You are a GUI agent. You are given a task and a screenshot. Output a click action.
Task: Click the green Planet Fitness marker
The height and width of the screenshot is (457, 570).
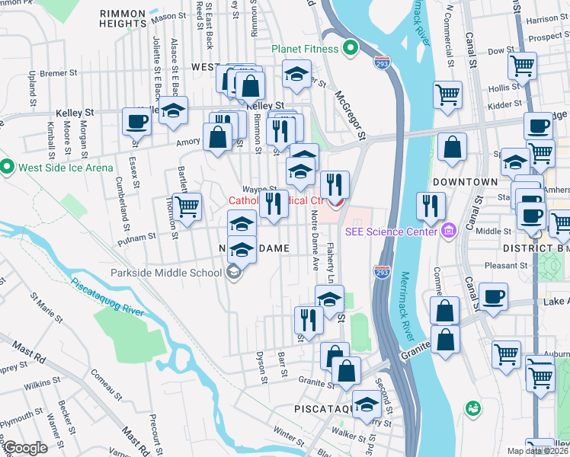[350, 50]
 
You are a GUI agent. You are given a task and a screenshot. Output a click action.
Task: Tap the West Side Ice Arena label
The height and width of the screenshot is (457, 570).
[64, 168]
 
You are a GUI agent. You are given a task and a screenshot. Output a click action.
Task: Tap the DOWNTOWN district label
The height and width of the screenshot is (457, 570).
[465, 183]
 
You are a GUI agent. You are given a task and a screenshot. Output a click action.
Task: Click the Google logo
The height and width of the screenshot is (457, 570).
[24, 447]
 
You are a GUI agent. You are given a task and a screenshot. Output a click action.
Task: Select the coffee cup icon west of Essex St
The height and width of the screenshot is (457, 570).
[137, 121]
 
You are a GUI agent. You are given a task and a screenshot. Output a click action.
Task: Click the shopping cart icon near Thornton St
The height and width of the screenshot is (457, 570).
[187, 206]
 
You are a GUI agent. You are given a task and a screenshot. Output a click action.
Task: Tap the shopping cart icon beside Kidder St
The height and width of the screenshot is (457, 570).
[447, 94]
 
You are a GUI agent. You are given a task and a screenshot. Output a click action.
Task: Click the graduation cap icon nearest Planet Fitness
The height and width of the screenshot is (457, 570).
[296, 74]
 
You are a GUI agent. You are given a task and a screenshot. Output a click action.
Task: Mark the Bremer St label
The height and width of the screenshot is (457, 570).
[57, 74]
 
